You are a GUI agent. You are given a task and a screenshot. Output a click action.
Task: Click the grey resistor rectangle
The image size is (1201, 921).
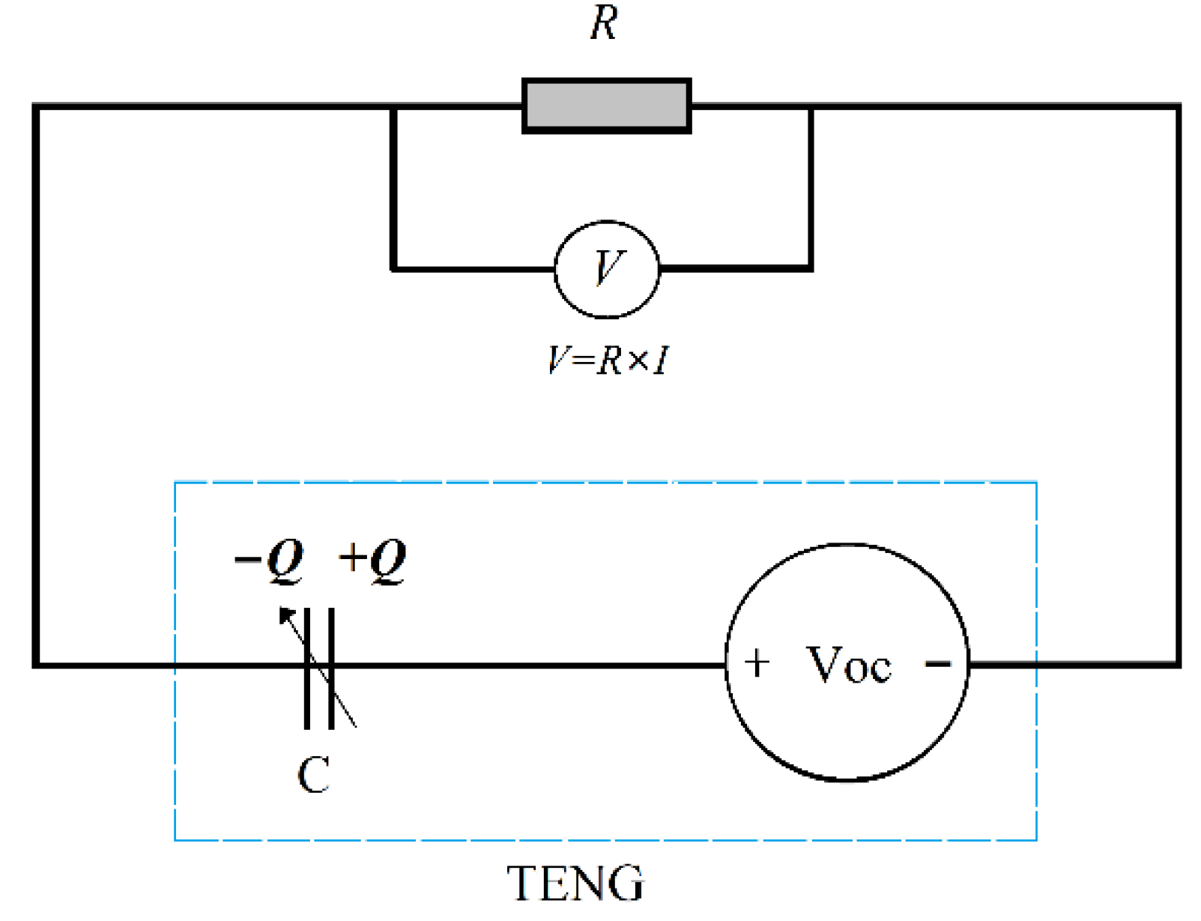(x=606, y=106)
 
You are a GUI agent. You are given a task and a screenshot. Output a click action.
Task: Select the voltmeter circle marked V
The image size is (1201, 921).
(x=607, y=268)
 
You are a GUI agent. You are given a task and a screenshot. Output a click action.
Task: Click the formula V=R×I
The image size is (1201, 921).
(x=607, y=361)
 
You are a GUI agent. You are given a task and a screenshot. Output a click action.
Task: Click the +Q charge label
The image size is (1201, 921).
(x=372, y=560)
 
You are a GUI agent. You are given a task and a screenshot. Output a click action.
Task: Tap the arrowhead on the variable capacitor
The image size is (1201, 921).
(x=286, y=614)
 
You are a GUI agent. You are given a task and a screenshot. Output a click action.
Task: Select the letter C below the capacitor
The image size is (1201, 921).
(x=313, y=774)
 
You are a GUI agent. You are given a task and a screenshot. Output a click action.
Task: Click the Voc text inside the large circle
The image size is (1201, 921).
(x=848, y=665)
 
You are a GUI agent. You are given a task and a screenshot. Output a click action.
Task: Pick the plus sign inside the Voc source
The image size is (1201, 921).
(x=757, y=663)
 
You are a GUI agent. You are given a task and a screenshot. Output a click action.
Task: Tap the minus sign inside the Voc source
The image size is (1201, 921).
(x=937, y=663)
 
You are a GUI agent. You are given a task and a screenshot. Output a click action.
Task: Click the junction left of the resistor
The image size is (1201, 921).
(x=393, y=107)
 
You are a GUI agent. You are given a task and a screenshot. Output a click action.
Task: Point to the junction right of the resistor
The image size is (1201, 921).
(x=811, y=107)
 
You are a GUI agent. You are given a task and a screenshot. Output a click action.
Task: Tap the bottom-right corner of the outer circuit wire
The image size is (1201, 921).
(x=1178, y=664)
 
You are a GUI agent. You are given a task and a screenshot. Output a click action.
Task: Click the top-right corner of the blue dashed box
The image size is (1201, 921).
(x=1036, y=483)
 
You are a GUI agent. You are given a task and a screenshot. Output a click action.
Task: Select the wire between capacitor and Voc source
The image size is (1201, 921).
(x=524, y=665)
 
